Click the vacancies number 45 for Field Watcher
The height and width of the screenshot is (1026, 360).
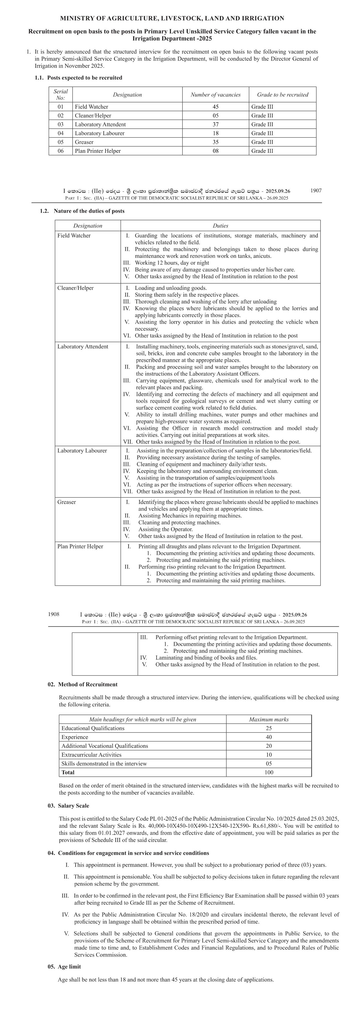[x=215, y=107]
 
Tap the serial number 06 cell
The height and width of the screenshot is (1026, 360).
[x=60, y=151]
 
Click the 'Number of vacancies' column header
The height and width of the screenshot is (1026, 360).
[x=215, y=95]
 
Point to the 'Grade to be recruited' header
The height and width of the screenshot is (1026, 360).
[x=282, y=95]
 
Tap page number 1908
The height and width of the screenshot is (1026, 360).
[x=54, y=614]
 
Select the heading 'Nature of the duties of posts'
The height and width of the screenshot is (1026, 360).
[x=89, y=211]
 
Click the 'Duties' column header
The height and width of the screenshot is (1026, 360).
[x=220, y=226]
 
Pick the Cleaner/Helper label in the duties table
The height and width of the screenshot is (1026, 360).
[x=76, y=288]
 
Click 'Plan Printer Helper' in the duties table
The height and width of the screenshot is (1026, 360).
[x=80, y=546]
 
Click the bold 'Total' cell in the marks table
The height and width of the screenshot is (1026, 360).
[x=68, y=772]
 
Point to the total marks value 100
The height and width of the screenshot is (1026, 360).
[x=269, y=772]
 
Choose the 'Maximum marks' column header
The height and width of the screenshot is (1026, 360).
[x=269, y=720]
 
